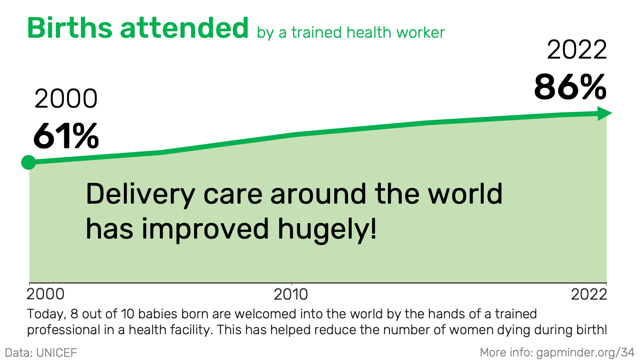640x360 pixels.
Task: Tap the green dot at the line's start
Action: point(29,162)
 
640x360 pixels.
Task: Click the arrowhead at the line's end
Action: point(604,113)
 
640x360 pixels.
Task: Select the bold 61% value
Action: point(66,136)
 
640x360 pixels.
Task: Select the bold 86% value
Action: point(570,87)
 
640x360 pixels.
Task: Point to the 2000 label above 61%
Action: point(66,99)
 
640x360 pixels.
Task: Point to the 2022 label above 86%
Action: point(577,50)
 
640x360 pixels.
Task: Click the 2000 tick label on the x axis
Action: point(46,294)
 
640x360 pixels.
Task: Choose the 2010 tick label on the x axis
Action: point(291,294)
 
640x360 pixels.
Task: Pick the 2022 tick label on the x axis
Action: point(589,294)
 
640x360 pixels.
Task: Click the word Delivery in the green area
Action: point(140,195)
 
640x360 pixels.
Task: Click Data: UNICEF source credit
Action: point(41,353)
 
